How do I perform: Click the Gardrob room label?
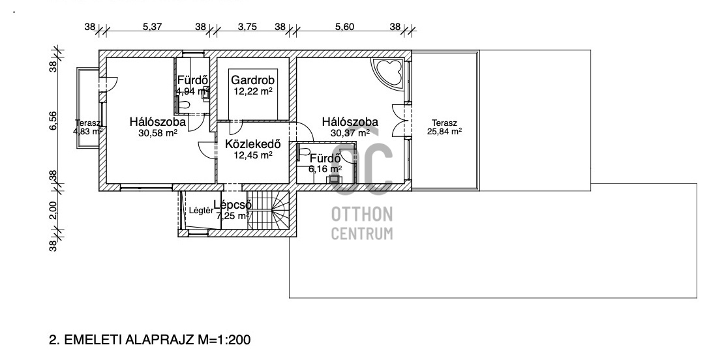point(252,80)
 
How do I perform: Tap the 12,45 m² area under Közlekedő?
point(253,155)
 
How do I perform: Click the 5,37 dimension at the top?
point(153,27)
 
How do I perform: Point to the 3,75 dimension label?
point(247,27)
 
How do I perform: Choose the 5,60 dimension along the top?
point(344,27)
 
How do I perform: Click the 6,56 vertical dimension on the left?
point(53,121)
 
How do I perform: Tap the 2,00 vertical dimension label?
point(53,211)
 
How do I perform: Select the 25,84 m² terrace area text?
point(445,132)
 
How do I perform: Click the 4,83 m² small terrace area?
point(88,132)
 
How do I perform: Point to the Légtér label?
point(202,211)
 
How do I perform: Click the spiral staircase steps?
point(268,211)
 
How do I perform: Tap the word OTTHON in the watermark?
point(362,214)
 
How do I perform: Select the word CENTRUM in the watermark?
point(362,233)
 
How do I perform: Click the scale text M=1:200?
point(224,340)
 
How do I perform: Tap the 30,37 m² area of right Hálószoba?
point(350,133)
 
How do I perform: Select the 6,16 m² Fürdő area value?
point(325,170)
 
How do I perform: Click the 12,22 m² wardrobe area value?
point(253,91)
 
